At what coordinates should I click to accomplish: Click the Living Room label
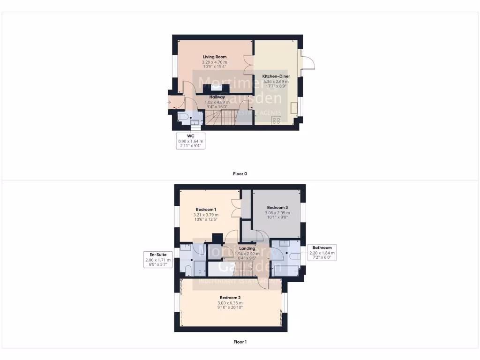pos(215,57)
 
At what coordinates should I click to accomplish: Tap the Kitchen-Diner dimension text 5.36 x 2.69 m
pos(276,81)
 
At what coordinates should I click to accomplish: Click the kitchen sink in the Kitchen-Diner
pos(294,108)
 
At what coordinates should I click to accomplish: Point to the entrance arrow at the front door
pos(169,101)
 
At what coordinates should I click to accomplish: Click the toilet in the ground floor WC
pos(183,117)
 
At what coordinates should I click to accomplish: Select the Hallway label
pos(217,97)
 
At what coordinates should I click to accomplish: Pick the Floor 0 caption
pos(240,173)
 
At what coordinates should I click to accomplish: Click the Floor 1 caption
pos(240,342)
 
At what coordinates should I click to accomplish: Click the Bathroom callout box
pos(322,252)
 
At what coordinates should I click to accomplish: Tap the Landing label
pos(247,248)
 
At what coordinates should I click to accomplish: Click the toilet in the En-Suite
pos(187,270)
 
